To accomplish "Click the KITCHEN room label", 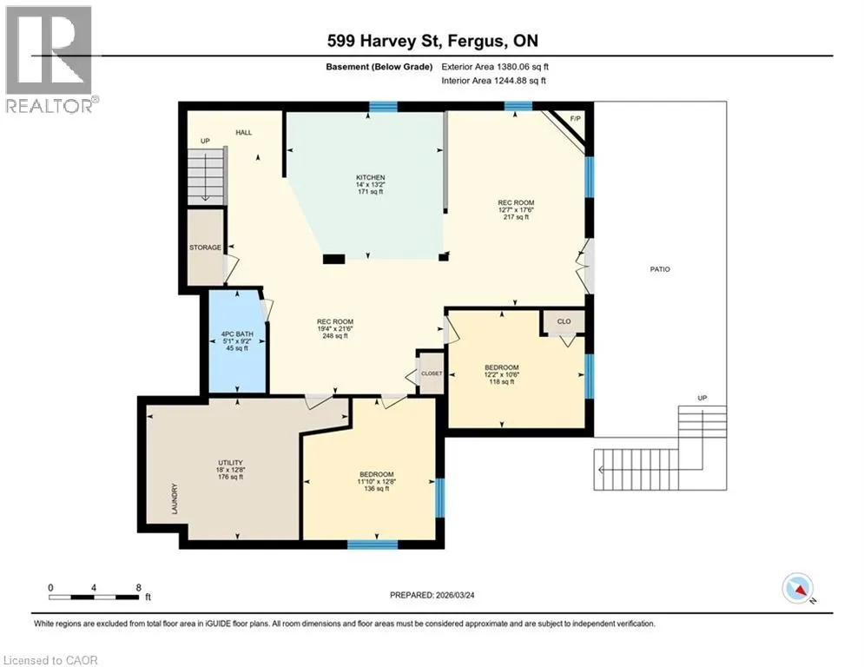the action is [370, 177].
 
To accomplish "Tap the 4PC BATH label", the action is [237, 334].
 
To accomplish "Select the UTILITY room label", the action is [230, 463].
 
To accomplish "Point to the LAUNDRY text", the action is [175, 499].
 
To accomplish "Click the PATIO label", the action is [660, 269].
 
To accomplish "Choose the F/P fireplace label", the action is [575, 118].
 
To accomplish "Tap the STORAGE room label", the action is [205, 248].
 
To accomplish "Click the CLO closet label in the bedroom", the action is [564, 321].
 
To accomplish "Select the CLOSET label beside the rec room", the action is [432, 373].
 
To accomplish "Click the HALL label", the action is [243, 132].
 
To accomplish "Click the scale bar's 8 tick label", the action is [138, 588].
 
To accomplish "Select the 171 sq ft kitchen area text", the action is [370, 191].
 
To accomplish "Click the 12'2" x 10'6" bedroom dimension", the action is [502, 374].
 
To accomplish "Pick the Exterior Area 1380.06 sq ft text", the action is [495, 67].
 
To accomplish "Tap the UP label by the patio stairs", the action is [702, 398].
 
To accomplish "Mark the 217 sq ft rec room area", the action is [516, 216].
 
